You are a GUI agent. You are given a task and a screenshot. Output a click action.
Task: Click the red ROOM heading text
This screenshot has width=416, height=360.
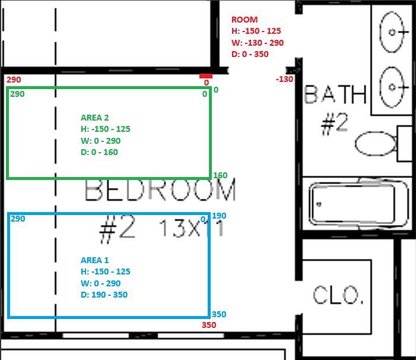point(244,20)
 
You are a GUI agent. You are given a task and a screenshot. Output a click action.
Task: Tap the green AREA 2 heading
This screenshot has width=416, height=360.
point(95,118)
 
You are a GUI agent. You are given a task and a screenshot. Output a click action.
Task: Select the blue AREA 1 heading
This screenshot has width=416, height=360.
point(95,260)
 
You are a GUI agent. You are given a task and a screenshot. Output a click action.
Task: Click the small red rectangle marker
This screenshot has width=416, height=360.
point(206,76)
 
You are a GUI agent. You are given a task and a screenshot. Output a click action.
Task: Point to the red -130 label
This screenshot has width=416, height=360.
point(284,79)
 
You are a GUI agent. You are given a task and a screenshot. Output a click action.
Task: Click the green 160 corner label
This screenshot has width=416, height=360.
point(220,175)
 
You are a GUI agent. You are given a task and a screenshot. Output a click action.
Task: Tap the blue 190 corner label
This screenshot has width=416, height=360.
point(219,216)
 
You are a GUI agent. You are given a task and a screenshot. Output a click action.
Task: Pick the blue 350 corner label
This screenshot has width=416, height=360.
point(219,314)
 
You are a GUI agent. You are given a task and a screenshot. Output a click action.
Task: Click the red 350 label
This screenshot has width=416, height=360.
point(209,325)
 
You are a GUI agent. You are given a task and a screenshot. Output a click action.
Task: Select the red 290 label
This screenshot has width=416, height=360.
point(14,80)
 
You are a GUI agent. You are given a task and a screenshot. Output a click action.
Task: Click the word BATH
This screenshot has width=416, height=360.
point(335,94)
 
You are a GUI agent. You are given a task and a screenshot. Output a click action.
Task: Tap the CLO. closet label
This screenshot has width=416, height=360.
point(338,295)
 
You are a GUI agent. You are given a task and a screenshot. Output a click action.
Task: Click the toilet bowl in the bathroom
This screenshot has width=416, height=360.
point(376,143)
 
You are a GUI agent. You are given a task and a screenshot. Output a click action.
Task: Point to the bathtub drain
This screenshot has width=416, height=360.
point(319,204)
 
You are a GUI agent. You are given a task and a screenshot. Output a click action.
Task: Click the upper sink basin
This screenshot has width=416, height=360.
point(392,32)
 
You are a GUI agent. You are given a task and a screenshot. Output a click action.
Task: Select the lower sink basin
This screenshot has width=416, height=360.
point(392,87)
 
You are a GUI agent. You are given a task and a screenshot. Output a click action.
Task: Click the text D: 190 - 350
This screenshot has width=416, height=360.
point(104,295)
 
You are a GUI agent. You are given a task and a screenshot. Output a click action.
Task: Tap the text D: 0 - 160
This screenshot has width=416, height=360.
point(99,152)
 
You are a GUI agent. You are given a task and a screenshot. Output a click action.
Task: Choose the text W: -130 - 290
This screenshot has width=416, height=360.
point(258,43)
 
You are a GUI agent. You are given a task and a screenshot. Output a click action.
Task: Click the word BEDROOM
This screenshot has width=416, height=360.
point(160,190)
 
